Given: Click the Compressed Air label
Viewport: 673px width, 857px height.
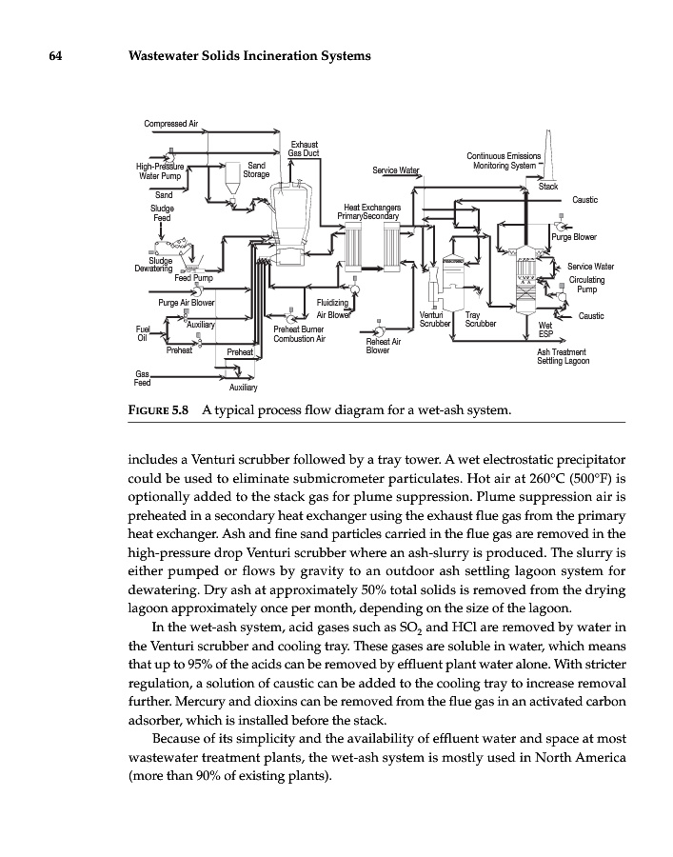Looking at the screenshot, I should pyautogui.click(x=170, y=123).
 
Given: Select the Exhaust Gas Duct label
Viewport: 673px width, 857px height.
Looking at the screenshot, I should pyautogui.click(x=304, y=148).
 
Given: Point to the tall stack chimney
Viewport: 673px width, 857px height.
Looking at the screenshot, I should pyautogui.click(x=549, y=156).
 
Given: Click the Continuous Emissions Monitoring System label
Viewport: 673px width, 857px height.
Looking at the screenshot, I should pyautogui.click(x=504, y=161).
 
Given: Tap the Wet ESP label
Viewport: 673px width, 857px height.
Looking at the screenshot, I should pyautogui.click(x=545, y=329).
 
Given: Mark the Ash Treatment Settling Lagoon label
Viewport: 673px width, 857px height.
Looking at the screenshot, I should pyautogui.click(x=563, y=356).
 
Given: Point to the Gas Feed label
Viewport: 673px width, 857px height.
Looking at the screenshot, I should pyautogui.click(x=143, y=378).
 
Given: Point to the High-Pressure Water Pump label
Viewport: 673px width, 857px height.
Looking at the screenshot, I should pyautogui.click(x=158, y=170).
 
